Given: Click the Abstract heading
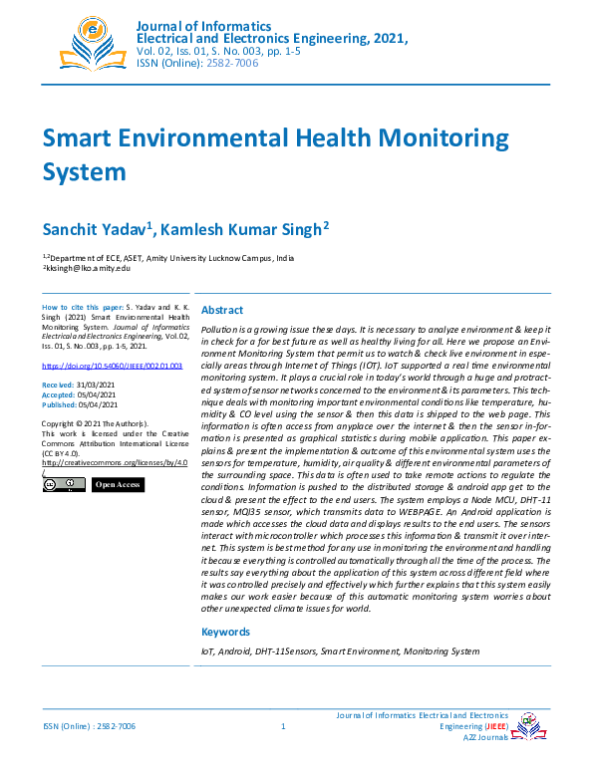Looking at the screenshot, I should (222, 310).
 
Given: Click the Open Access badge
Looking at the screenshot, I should (118, 485).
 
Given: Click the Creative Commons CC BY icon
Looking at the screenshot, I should (61, 485).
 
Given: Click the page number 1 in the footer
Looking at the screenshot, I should (284, 727).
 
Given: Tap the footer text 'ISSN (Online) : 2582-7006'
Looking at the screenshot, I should (89, 727).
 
